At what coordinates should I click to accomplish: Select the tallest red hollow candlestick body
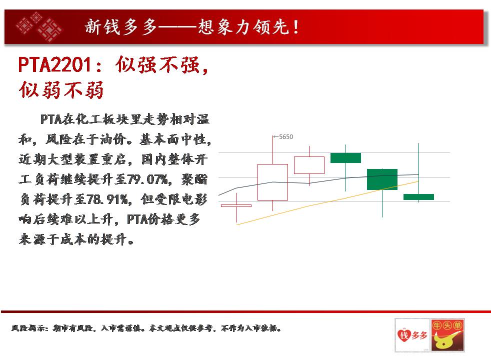click(x=272, y=182)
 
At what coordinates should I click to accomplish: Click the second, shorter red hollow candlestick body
click(x=309, y=165)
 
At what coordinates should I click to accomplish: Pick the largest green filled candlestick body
click(x=382, y=179)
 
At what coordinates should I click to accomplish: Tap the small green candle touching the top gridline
click(x=345, y=158)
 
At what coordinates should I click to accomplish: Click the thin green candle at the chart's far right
click(x=418, y=197)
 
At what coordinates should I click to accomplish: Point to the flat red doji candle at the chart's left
click(x=236, y=205)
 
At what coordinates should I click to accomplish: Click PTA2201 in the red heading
click(x=55, y=65)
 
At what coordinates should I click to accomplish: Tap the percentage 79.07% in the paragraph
click(x=148, y=179)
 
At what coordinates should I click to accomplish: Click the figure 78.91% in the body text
click(x=107, y=199)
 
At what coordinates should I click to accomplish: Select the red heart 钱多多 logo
click(x=412, y=335)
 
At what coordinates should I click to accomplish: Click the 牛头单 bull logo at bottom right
click(x=447, y=335)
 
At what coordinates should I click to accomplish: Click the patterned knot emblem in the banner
click(x=39, y=27)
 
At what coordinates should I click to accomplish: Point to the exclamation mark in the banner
click(x=295, y=27)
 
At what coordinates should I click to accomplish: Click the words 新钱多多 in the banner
click(x=121, y=27)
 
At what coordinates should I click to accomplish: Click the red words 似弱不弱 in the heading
click(x=61, y=90)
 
